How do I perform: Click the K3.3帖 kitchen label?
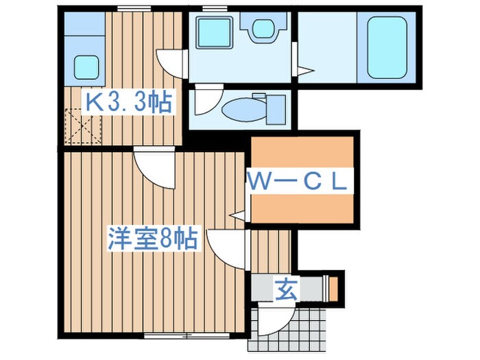(128, 103)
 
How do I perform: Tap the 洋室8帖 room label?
(152, 239)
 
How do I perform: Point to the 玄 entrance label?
(286, 289)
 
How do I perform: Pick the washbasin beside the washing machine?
(263, 29)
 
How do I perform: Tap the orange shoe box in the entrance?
(333, 288)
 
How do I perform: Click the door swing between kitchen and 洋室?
(152, 167)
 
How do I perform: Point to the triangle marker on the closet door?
(238, 215)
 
